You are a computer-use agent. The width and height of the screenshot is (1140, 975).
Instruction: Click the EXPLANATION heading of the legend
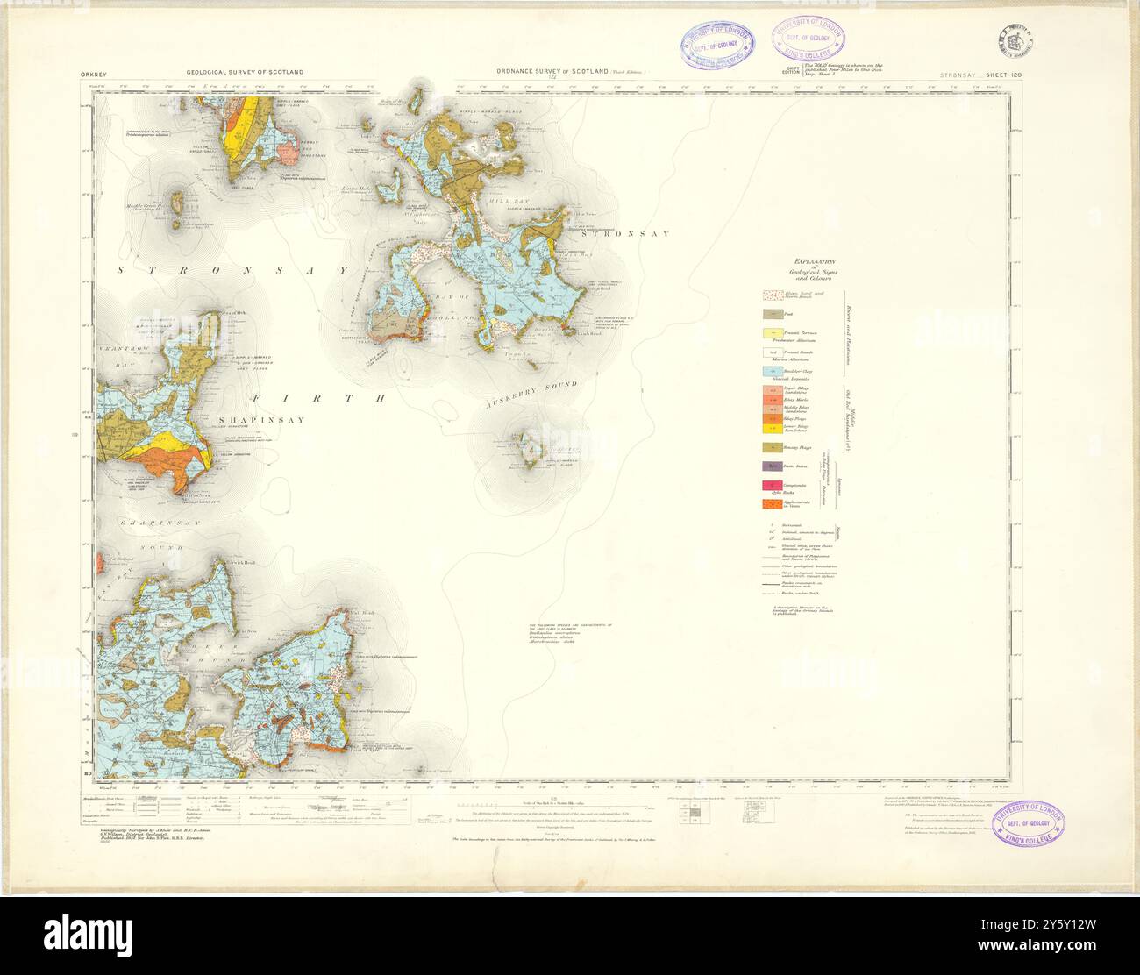(815, 261)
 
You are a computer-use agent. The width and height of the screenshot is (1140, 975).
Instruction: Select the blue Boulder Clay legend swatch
(773, 372)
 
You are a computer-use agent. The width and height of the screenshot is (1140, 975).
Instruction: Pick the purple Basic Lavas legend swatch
(773, 466)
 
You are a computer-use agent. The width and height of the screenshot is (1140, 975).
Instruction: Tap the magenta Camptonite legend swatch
(773, 486)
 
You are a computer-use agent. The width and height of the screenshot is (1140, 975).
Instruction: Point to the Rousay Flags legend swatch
(773, 447)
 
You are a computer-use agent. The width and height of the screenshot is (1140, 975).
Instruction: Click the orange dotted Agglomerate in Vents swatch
(773, 504)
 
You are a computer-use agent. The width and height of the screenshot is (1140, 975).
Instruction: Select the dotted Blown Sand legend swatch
(773, 295)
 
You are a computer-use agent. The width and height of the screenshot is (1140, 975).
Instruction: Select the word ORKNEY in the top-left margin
(92, 75)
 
